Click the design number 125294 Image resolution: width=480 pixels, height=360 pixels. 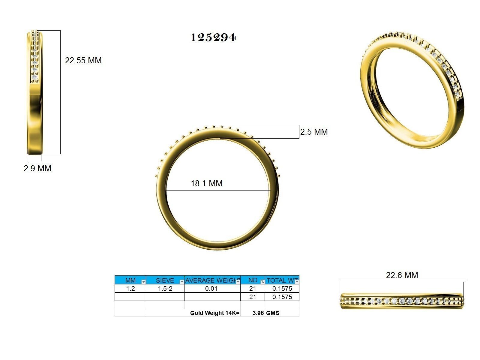pos(213,37)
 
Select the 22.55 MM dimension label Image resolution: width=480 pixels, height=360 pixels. pos(83,61)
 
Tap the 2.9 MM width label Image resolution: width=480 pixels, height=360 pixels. pos(37,169)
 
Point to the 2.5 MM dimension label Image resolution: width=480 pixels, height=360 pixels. pos(314,132)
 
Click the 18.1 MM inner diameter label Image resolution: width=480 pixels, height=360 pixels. pos(207,184)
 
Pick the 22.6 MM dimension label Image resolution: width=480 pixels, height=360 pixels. pos(402,275)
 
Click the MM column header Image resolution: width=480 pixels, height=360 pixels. pos(130,280)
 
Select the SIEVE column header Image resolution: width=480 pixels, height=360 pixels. pos(165,280)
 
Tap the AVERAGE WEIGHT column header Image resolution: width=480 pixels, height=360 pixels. pos(211,280)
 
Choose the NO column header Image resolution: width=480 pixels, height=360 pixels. pos(253,280)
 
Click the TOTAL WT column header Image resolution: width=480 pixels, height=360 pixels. pos(280,280)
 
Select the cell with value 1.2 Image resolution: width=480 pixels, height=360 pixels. pos(130,289)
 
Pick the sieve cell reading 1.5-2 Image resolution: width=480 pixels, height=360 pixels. pos(165,289)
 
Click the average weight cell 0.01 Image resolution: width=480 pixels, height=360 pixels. pos(211,289)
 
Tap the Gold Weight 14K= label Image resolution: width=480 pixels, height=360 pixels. pos(215,313)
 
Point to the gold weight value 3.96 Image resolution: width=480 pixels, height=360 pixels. pos(258,313)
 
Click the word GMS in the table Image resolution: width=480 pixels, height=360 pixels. pos(273,313)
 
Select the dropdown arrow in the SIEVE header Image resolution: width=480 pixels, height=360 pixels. pos(181,282)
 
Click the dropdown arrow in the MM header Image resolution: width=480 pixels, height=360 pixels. pos(143,282)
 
